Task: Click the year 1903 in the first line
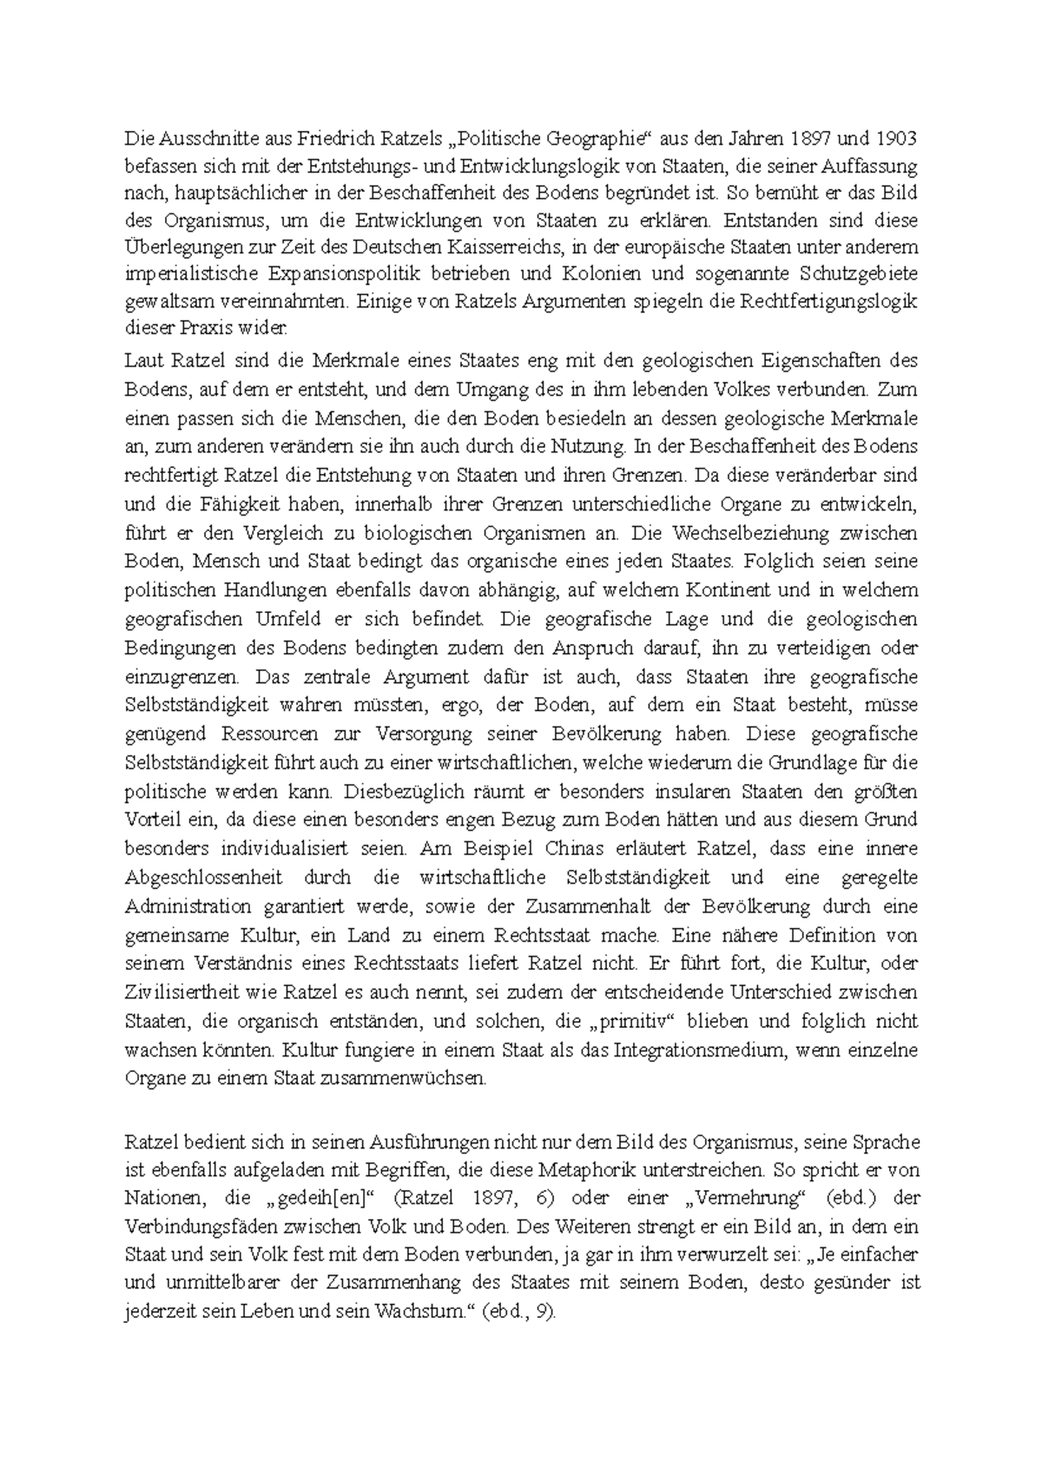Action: click(x=895, y=138)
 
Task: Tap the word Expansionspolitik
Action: click(x=344, y=274)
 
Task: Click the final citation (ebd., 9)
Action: click(x=518, y=1312)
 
